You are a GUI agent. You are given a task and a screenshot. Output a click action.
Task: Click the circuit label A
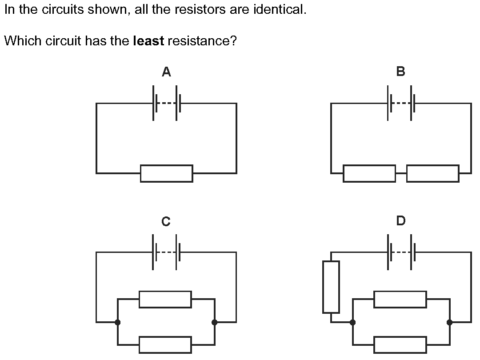click(x=166, y=72)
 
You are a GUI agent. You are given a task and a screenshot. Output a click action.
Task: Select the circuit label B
click(x=400, y=71)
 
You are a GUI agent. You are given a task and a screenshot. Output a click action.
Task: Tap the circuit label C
click(x=166, y=221)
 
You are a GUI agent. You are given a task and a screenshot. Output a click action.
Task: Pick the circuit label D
click(x=400, y=220)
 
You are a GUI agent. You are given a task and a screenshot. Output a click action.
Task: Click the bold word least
click(x=148, y=41)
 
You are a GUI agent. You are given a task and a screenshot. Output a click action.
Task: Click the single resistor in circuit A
click(x=166, y=173)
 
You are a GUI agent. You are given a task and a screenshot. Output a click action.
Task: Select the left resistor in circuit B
click(x=369, y=173)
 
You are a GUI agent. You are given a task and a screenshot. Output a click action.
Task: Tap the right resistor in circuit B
click(x=432, y=173)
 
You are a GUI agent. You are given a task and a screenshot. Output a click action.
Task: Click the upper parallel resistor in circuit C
click(x=165, y=299)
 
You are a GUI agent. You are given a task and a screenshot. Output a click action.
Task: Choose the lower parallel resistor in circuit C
click(x=165, y=345)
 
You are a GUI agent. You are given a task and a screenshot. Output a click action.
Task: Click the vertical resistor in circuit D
click(x=331, y=287)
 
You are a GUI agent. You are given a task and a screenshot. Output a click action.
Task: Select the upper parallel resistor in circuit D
click(x=400, y=299)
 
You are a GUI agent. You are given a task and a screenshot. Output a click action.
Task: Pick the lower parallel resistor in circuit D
click(x=400, y=345)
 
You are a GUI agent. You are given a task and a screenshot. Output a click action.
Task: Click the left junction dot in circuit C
click(x=117, y=322)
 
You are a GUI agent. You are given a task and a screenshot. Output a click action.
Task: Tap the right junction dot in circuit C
click(x=215, y=322)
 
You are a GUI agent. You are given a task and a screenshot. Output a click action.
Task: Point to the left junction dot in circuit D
click(x=352, y=322)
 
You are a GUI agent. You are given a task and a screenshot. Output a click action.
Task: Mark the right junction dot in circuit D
click(x=449, y=322)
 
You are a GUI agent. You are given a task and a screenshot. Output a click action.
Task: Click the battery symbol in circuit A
click(x=166, y=103)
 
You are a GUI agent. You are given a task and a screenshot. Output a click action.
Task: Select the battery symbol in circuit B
click(x=401, y=103)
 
